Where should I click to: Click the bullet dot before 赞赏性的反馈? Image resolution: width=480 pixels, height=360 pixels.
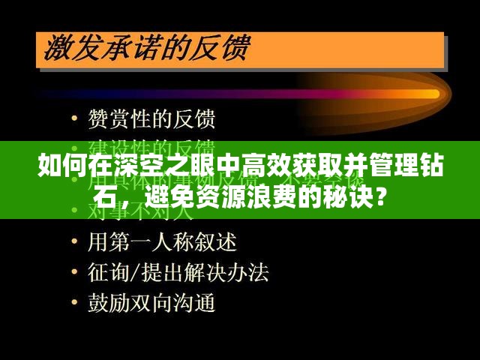73,120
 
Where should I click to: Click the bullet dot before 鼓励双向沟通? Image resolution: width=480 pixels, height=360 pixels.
73,304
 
